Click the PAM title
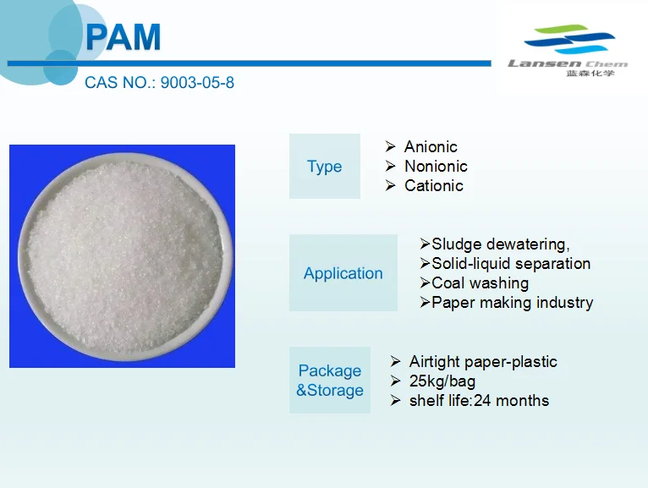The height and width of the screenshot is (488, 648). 124,38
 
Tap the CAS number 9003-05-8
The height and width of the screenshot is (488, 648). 159,84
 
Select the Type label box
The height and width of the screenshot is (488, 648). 325,167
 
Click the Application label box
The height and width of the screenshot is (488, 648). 343,273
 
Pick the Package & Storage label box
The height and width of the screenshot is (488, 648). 330,381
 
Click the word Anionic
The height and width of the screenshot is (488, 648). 431,147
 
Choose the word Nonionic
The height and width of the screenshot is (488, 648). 436,167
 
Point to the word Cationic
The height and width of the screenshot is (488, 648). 434,186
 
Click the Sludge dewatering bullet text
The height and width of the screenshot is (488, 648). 500,244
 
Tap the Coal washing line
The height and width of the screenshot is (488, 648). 480,283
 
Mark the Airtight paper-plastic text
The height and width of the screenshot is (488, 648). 483,362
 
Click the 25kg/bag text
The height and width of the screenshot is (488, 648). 442,381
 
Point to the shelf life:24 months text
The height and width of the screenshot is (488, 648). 479,401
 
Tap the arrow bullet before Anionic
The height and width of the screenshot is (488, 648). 390,147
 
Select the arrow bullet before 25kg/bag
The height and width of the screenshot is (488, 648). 395,381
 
